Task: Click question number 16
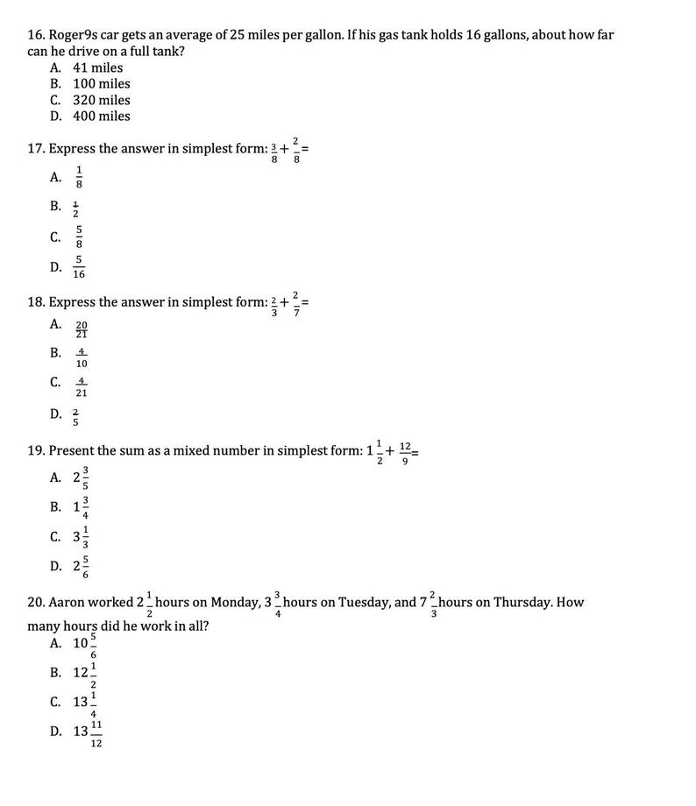(x=36, y=35)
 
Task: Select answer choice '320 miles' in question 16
(x=101, y=100)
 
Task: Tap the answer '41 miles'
(x=97, y=67)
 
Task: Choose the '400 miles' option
(x=101, y=116)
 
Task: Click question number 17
(x=36, y=149)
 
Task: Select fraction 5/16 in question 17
(x=79, y=267)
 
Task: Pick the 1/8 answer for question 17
(x=79, y=177)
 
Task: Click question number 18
(x=36, y=302)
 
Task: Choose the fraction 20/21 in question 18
(x=82, y=329)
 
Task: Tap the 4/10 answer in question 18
(x=82, y=357)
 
